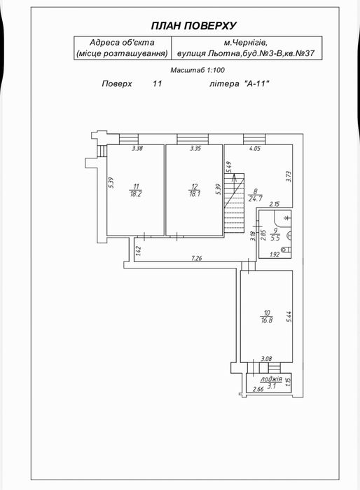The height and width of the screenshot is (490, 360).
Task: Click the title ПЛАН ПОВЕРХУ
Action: [194, 26]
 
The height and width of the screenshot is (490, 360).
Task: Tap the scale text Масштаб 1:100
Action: [198, 70]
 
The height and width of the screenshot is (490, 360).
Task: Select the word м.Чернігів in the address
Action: [247, 43]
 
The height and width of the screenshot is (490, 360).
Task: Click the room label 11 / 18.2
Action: [136, 190]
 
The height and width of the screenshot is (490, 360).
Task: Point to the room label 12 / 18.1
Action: [195, 190]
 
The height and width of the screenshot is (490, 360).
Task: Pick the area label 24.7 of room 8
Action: [255, 198]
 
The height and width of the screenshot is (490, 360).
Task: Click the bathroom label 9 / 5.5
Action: [275, 234]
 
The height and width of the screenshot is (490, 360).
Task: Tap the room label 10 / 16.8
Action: [266, 316]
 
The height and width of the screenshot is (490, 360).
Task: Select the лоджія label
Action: [271, 379]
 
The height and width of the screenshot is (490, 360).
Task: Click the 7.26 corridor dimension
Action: [196, 258]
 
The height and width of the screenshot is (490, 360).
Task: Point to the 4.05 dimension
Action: [254, 149]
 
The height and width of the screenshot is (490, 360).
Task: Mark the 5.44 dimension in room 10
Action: [289, 317]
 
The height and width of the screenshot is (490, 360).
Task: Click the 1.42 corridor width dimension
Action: [139, 251]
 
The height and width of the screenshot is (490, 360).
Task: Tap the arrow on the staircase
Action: [233, 180]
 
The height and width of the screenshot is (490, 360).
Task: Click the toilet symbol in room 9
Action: [286, 250]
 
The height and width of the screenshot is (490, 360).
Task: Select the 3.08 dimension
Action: [266, 359]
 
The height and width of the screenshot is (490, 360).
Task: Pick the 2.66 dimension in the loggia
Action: [258, 389]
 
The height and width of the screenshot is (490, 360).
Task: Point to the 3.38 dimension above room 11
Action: [137, 149]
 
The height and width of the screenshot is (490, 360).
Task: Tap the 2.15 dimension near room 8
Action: [275, 204]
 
